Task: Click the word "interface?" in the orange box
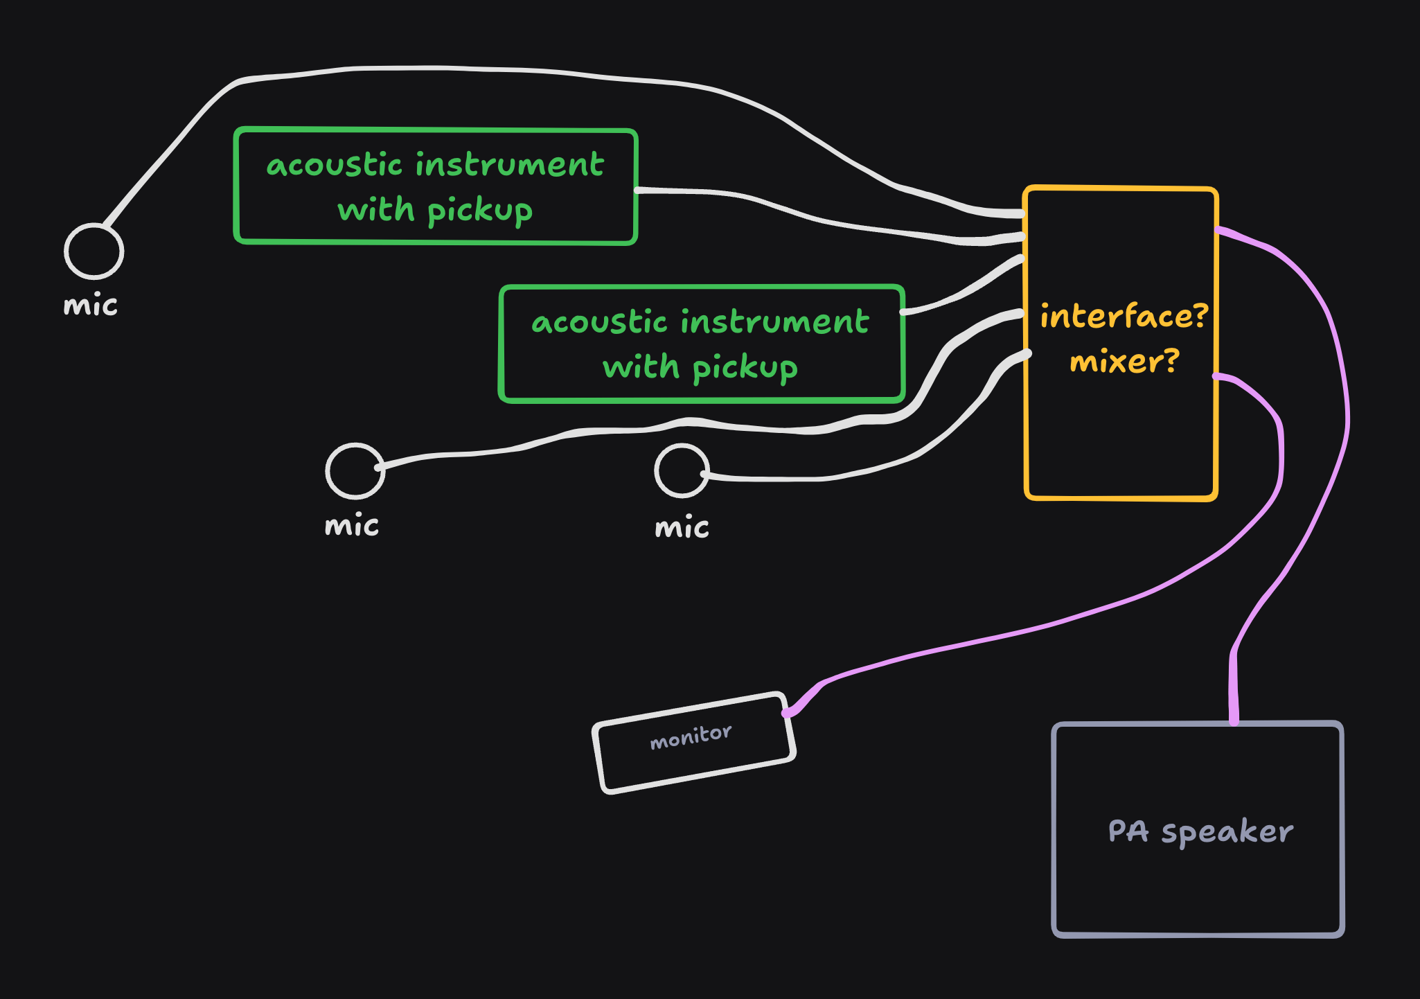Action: [1124, 317]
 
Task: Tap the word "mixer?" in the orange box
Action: [1124, 362]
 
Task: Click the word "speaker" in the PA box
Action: [1227, 832]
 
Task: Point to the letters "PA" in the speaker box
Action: [1128, 831]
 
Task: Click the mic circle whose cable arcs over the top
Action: [94, 251]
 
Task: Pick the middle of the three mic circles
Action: [355, 470]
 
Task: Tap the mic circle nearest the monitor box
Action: [682, 470]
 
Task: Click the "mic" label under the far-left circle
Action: [90, 306]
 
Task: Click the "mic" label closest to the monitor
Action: [682, 528]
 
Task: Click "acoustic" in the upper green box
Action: [334, 166]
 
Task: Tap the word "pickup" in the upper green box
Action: [480, 211]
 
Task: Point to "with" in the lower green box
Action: [641, 367]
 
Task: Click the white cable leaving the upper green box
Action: [797, 211]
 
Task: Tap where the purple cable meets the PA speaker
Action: [1234, 720]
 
